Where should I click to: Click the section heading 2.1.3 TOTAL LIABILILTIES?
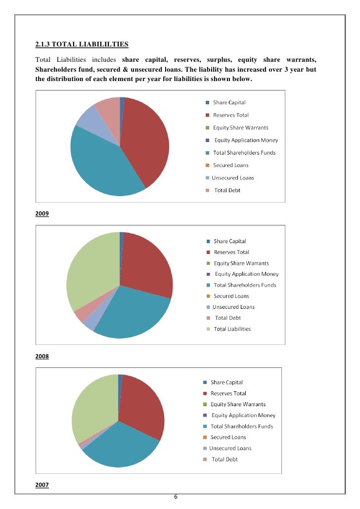point(82,44)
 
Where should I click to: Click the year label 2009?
point(42,213)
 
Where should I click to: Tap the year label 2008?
point(42,356)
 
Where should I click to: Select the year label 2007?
point(42,485)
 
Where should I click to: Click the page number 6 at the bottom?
point(176,497)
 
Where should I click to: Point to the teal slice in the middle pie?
point(133,315)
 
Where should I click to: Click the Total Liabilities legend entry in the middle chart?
point(229,329)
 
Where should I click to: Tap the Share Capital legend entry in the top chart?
point(225,103)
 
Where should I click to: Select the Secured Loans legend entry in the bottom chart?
point(224,437)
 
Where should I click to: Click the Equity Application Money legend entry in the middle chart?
point(242,274)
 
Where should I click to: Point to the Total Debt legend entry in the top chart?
point(223,190)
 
